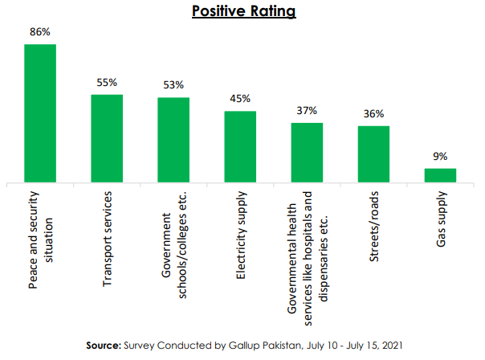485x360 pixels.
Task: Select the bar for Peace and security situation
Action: [40, 113]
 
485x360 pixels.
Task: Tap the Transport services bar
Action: [107, 139]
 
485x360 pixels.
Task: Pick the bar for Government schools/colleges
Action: [173, 141]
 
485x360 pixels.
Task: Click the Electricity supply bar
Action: [240, 147]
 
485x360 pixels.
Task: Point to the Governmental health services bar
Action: [307, 153]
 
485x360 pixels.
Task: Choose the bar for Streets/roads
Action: [373, 154]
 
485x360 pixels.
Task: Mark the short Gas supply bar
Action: [440, 175]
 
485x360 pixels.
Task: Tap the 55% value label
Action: [107, 83]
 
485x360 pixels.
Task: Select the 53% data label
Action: [173, 85]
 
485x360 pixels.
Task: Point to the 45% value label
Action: [240, 100]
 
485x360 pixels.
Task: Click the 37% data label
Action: [307, 111]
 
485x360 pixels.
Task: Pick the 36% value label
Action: [373, 114]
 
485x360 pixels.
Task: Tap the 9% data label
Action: [440, 157]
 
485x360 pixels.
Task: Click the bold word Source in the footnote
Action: [106, 345]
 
